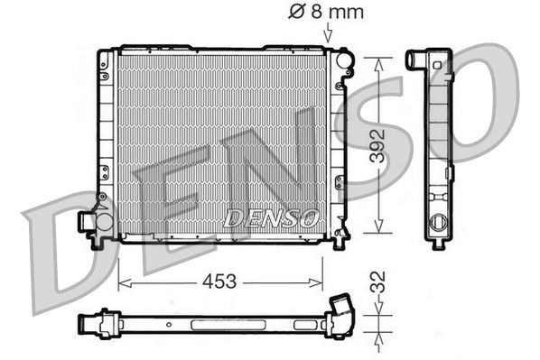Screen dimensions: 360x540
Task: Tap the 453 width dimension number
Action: [219, 282]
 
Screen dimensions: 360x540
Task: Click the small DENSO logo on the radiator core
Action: [271, 217]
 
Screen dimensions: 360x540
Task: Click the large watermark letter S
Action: [379, 135]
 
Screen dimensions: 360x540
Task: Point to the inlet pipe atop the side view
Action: [417, 60]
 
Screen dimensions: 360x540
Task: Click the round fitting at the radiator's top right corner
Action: [345, 63]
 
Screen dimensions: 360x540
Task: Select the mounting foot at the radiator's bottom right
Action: [340, 240]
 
